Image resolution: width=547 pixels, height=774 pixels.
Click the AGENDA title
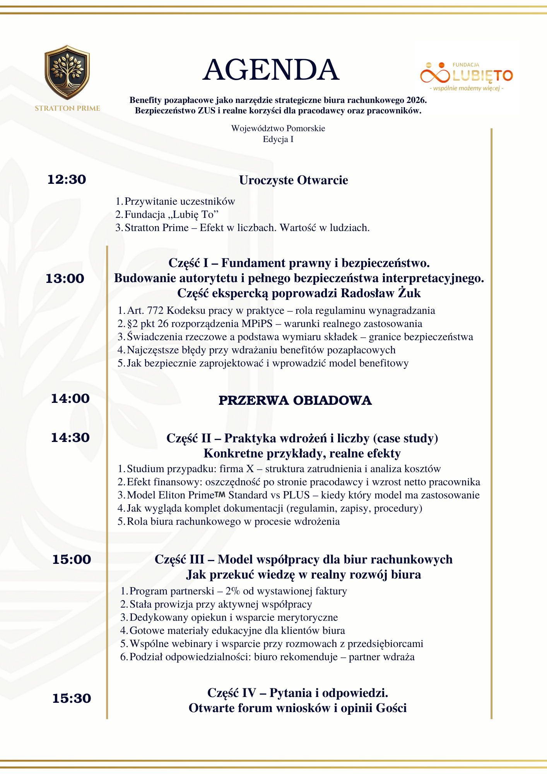[x=271, y=70]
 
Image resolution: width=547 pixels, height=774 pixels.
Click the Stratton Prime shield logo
[x=67, y=73]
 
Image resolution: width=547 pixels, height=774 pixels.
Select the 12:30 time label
[x=67, y=180]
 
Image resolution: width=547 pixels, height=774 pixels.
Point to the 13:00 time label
[x=65, y=279]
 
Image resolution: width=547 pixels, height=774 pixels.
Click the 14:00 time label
[x=70, y=399]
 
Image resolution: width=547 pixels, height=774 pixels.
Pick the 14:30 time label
[x=70, y=438]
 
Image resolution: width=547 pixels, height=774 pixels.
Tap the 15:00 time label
[x=72, y=560]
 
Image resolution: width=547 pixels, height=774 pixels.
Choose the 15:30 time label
[x=72, y=699]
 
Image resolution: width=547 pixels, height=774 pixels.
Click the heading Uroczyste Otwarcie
[x=294, y=180]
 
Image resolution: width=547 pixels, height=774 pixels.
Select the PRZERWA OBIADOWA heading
[x=295, y=401]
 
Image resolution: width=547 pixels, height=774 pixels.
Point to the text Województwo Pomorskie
[x=278, y=128]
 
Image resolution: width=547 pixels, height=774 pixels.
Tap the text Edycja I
[x=278, y=139]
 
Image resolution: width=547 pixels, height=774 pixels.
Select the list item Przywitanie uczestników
[x=179, y=202]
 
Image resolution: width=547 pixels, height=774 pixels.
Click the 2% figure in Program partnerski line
[x=233, y=591]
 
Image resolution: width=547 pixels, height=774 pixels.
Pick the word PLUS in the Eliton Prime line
[x=296, y=495]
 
